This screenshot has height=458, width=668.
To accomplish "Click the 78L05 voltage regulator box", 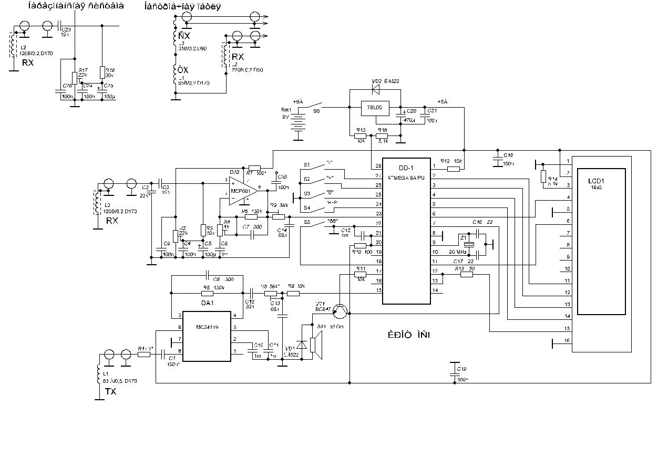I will [374, 109].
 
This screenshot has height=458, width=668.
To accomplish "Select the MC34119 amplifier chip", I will [207, 336].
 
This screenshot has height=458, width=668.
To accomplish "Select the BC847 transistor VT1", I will [341, 311].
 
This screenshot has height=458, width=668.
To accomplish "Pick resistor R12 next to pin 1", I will [453, 169].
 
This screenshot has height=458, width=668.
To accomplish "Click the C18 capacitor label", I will [508, 155].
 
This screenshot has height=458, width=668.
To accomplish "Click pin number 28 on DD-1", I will [378, 166].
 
